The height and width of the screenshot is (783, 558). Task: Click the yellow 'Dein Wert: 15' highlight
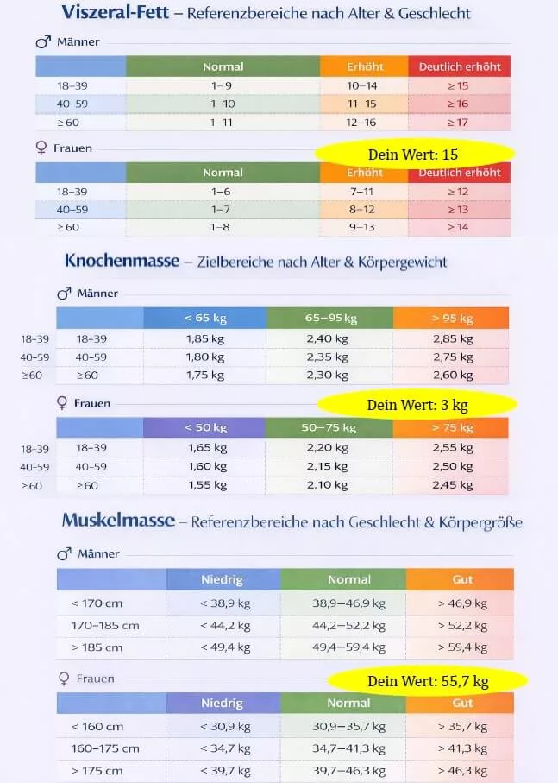(414, 155)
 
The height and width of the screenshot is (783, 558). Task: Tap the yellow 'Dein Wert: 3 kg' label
(417, 405)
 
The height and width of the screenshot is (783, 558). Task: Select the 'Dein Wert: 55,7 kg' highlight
(428, 681)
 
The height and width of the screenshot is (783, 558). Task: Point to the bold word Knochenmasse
(122, 260)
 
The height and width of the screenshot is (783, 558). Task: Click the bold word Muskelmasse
(118, 521)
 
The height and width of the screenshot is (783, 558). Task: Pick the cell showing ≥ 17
(457, 122)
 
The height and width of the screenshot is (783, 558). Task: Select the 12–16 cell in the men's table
(362, 122)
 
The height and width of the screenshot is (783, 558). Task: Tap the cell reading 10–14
(362, 85)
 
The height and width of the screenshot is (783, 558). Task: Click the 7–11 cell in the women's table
(362, 191)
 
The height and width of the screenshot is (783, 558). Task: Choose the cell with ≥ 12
(457, 191)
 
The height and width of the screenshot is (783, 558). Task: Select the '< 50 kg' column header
(205, 427)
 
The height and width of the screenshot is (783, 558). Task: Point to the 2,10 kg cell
(328, 485)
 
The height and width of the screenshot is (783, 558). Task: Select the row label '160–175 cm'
(104, 748)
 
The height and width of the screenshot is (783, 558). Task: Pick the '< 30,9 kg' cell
(224, 726)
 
